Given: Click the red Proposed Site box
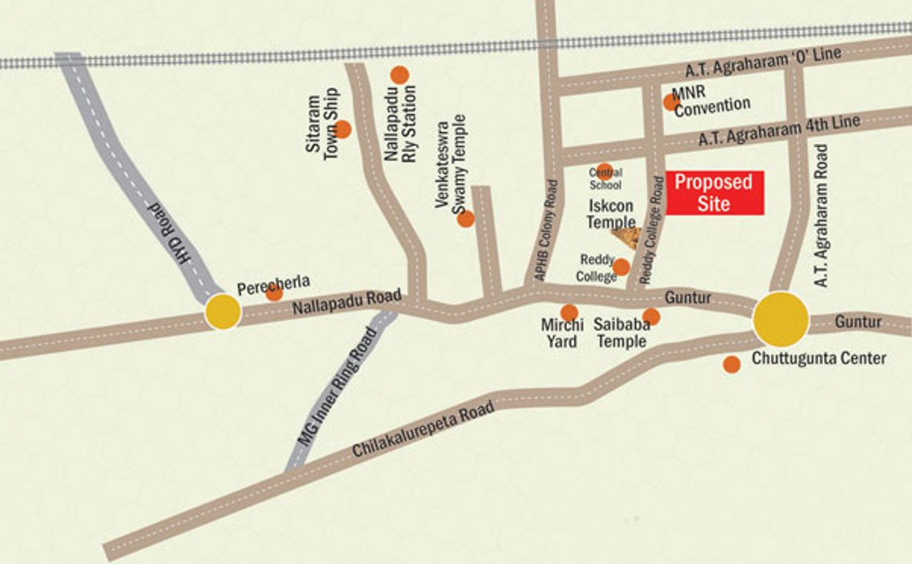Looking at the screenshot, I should pos(714,192).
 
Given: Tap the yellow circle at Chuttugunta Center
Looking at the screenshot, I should pos(781,319).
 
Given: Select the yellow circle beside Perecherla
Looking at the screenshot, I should pos(222,311).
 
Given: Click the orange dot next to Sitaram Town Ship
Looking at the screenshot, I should pos(342,130).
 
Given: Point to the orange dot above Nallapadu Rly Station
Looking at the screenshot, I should pos(399,75).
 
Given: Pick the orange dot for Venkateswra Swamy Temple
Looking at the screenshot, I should pos(466,219).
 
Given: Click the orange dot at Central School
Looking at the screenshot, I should pos(604,171).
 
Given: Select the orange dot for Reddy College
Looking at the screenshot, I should pos(621,267).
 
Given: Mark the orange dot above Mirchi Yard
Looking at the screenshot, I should pos(569,313).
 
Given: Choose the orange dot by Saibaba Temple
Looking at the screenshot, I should pos(651,317).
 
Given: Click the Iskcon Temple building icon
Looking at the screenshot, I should pos(626,236).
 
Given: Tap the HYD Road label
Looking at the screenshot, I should pos(169,234).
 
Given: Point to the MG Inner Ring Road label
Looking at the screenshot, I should pos(339,386).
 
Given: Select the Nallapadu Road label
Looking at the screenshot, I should pos(347,302).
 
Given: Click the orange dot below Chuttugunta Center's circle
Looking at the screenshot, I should pos(731,364).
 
